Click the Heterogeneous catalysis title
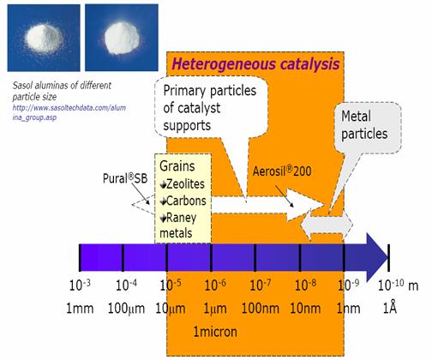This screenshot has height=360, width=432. coord(256,64)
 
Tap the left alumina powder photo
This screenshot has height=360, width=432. coord(44,38)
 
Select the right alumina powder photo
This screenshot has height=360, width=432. coord(122,38)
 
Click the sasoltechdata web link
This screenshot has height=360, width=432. coord(69,112)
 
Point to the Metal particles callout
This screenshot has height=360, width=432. coord(368,128)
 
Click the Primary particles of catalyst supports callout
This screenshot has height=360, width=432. coord(211,109)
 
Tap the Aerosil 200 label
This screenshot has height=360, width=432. coord(282,171)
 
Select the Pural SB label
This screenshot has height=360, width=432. coord(125,178)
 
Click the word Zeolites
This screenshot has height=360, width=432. coord(185,184)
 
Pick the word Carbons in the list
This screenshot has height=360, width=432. coord(186,201)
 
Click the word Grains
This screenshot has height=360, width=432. coord(177,166)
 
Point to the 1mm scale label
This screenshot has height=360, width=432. coord(80,309)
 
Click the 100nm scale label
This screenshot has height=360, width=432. coord(261,309)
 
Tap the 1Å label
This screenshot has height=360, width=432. coord(390,308)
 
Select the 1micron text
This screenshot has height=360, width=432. coord(215,332)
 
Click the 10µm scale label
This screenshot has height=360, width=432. coord(171,309)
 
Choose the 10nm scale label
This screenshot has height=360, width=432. coord(305,309)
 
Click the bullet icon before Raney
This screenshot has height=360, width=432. coord(163,219)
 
